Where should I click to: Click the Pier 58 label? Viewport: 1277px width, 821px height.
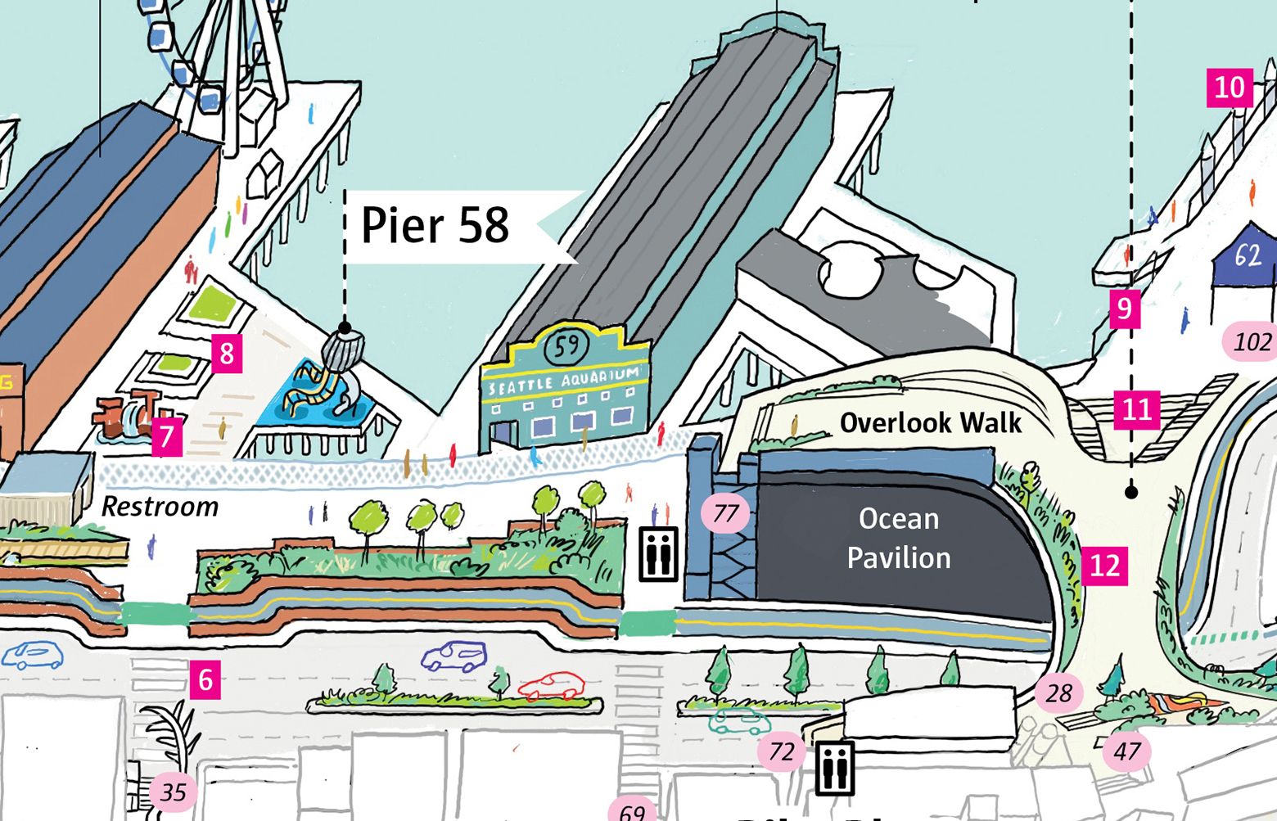[435, 225]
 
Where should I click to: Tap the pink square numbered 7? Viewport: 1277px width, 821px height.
[166, 435]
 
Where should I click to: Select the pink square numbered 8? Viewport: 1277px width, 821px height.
[227, 354]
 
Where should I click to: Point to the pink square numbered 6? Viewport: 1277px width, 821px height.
[205, 679]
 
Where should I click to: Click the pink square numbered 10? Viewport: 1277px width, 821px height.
[1230, 87]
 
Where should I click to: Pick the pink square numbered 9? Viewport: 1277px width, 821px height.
[1125, 309]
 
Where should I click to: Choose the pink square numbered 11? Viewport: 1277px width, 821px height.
[1136, 409]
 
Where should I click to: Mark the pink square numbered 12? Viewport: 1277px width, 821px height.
[1104, 566]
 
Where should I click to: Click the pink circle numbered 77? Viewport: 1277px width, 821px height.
[725, 513]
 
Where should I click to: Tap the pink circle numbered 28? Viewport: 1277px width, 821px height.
[1058, 693]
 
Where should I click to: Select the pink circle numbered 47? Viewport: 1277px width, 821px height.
[1127, 751]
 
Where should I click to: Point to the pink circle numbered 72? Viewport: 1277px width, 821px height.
[781, 751]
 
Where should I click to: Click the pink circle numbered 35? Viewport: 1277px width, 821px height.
[173, 792]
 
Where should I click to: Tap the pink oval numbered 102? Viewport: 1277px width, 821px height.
[1251, 341]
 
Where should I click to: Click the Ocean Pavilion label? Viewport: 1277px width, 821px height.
[898, 539]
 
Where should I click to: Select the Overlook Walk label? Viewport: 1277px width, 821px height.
[930, 423]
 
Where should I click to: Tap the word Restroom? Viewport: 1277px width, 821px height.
[160, 507]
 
